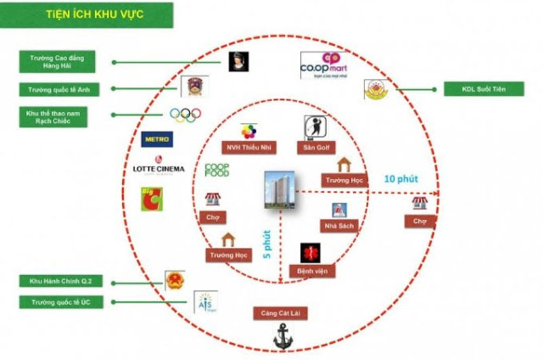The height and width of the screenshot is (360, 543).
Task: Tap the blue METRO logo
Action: pyautogui.click(x=156, y=140)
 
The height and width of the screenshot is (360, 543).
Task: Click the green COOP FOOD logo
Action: pyautogui.click(x=217, y=170)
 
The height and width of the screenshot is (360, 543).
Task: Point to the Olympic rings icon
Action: pyautogui.click(x=185, y=115)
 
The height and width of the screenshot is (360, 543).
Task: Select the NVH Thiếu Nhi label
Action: pyautogui.click(x=248, y=147)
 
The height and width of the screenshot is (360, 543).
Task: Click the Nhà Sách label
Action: pyautogui.click(x=337, y=226)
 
